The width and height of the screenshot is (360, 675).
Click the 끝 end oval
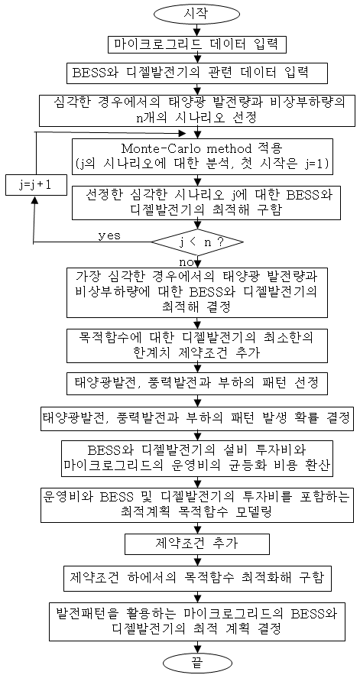pos(196,663)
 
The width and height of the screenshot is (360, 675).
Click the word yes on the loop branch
pos(110,236)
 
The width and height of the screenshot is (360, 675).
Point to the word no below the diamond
pos(185,261)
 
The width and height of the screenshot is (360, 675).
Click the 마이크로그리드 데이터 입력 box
pos(196,44)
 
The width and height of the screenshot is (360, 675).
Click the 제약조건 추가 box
pos(196,544)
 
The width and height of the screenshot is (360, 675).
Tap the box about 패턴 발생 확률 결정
pos(196,417)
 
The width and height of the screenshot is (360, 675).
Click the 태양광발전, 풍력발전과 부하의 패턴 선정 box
pos(196,383)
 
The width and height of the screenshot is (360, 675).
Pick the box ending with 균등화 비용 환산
pos(196,458)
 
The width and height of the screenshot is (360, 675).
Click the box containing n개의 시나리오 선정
pos(196,111)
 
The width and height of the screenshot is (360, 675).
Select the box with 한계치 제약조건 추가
pos(196,344)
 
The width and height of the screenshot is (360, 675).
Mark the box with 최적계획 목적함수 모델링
pos(196,504)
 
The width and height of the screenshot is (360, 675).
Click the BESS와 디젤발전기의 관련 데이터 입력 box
pos(196,71)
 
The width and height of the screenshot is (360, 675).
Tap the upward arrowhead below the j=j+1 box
pos(34,204)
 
